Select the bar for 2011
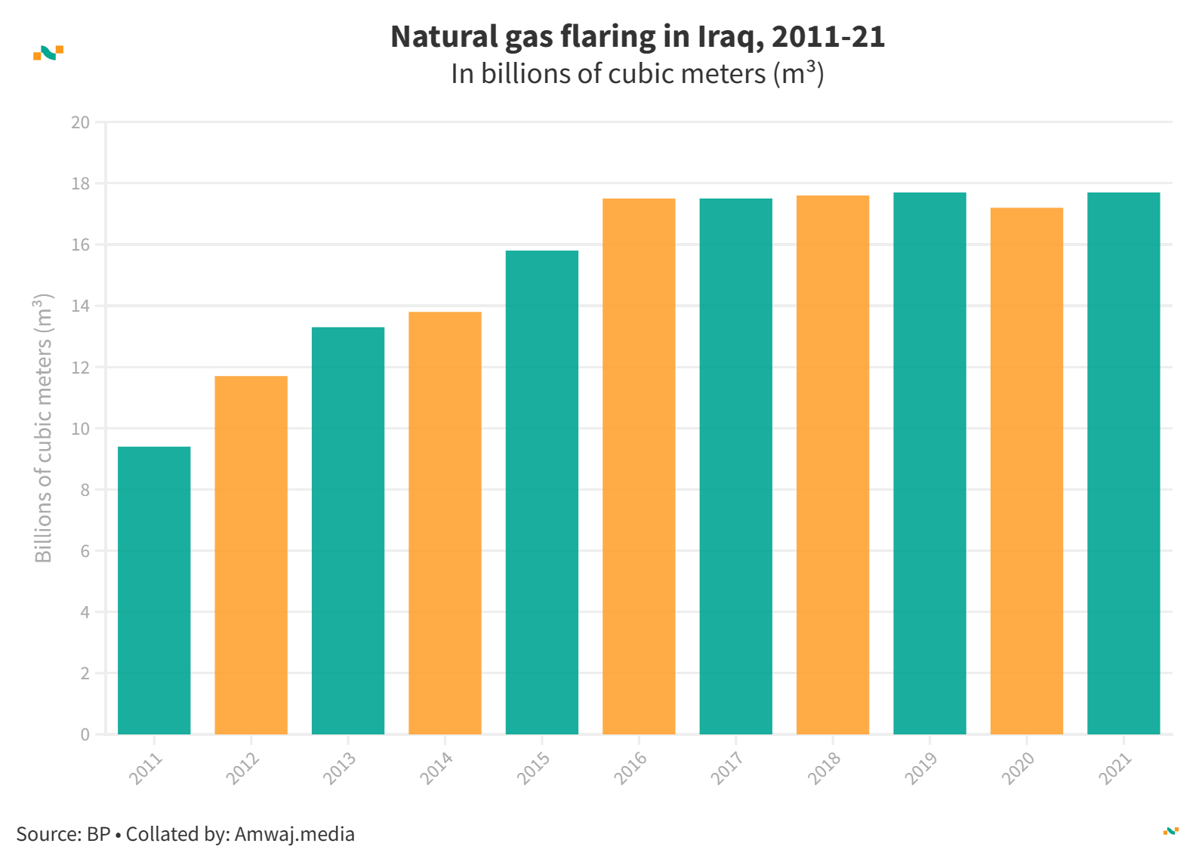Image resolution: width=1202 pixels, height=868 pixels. [154, 590]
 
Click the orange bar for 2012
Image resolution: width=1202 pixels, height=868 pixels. [251, 555]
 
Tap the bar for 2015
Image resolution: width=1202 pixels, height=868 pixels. [541, 492]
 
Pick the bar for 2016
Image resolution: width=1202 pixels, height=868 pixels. [639, 466]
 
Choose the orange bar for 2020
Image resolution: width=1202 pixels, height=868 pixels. [1026, 470]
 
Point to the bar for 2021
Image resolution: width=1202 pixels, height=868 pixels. [1123, 463]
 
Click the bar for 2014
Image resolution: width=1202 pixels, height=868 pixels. [445, 522]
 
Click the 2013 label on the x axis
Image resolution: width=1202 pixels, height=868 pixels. [339, 768]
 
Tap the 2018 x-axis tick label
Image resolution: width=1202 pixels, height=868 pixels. [824, 768]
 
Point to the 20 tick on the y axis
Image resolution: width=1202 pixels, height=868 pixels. [80, 122]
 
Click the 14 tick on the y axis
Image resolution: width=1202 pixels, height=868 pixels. [80, 306]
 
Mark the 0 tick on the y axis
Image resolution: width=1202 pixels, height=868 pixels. [85, 734]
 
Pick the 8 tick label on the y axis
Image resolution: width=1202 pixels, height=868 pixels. [85, 490]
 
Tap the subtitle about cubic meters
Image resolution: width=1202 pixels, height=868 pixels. [637, 74]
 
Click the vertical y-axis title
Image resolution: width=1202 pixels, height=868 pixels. [44, 428]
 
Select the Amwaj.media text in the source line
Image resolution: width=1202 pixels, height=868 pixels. [294, 834]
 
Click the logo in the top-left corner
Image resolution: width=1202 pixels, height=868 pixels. [48, 52]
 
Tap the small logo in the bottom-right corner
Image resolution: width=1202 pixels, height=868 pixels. [1170, 831]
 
